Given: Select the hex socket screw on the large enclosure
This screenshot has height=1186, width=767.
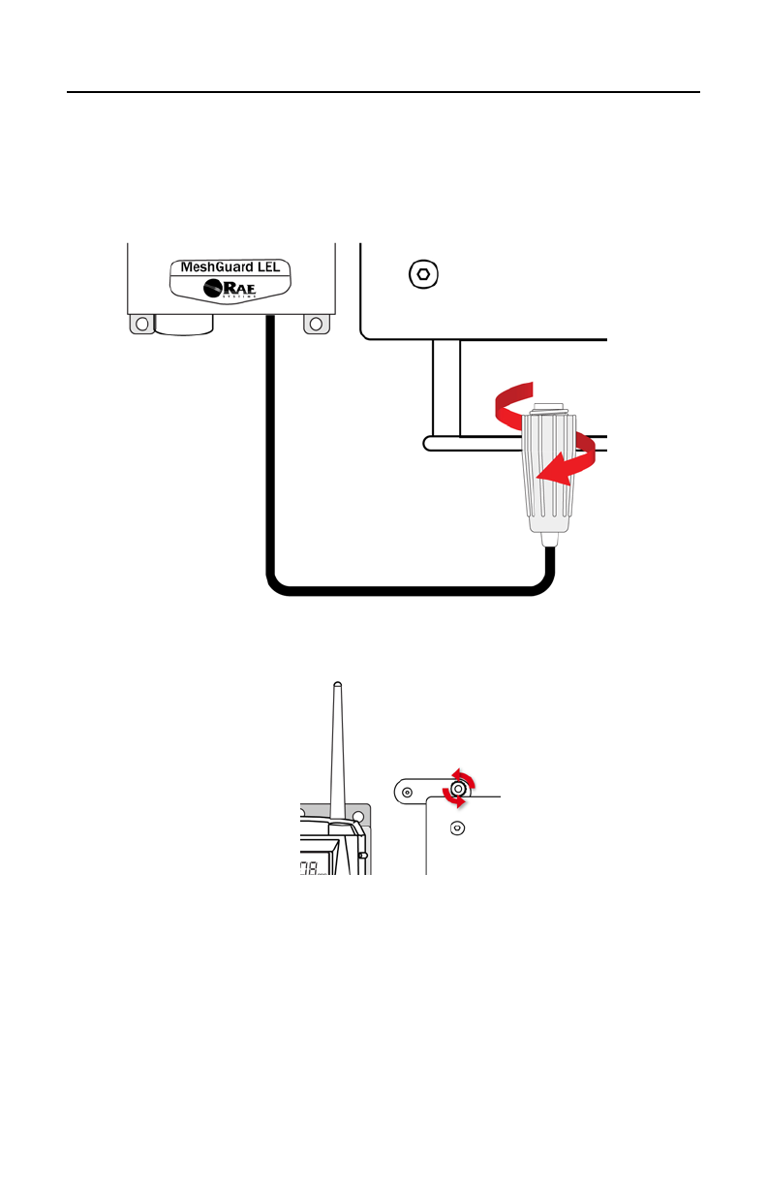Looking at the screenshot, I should click(x=422, y=274).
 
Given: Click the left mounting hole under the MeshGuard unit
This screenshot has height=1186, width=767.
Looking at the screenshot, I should click(x=142, y=325).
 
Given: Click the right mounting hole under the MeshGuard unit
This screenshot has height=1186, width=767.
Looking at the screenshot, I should click(x=317, y=325).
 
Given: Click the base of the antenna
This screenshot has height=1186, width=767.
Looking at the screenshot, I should click(x=339, y=819).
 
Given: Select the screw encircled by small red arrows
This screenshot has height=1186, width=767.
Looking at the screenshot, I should click(x=458, y=791).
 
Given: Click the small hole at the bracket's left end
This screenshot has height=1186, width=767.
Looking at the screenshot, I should click(x=407, y=792).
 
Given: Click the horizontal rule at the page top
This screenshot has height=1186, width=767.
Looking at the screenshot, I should click(x=383, y=93).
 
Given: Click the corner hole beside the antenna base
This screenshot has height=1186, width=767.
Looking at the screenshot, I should click(x=358, y=816).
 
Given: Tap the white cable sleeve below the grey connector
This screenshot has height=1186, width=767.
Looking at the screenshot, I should click(x=547, y=538).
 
